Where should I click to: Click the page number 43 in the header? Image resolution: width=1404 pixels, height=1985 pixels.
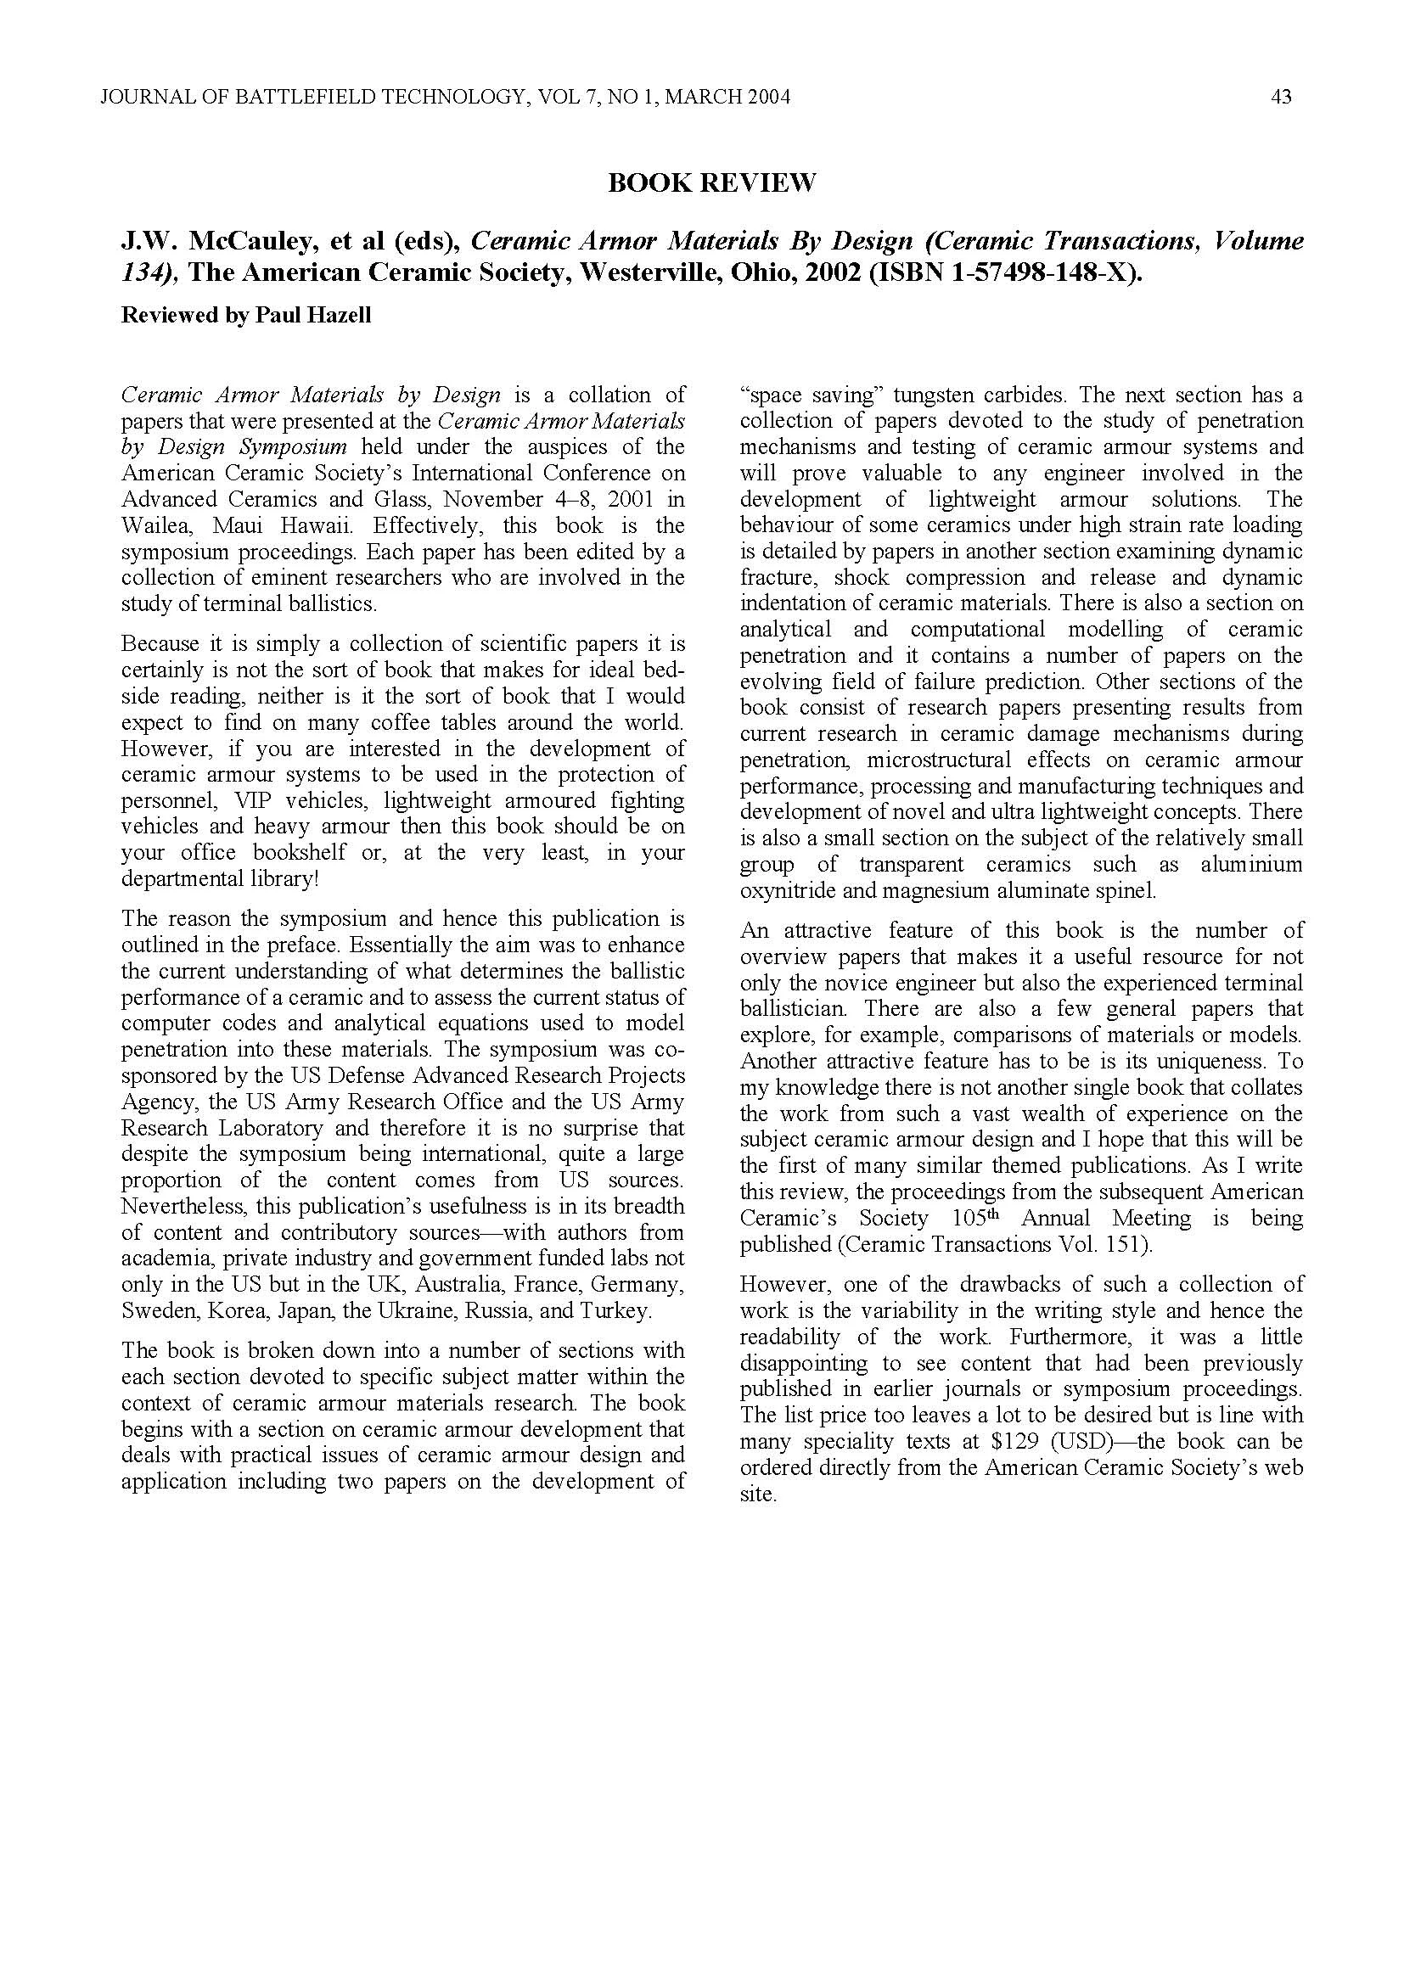[x=1281, y=98]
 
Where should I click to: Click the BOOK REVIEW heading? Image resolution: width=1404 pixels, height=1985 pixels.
[x=711, y=183]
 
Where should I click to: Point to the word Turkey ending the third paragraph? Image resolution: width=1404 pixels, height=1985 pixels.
[x=615, y=1310]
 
